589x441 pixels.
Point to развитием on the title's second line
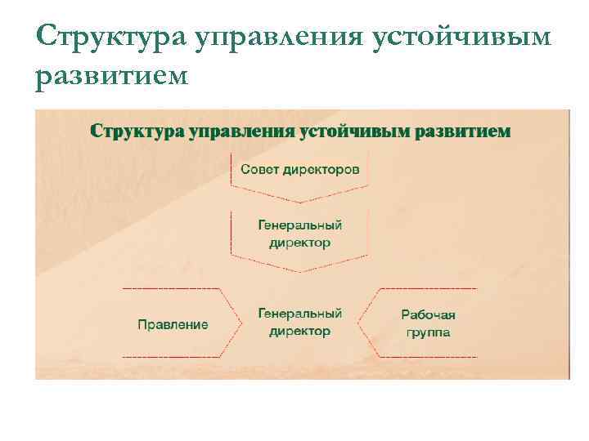click(x=112, y=75)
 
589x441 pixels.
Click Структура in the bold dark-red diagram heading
click(x=137, y=131)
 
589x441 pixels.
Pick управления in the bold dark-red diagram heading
click(x=241, y=131)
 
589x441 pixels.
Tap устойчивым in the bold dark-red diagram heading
click(x=356, y=131)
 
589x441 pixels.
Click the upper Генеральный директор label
click(x=299, y=234)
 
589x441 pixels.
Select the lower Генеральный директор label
click(x=299, y=322)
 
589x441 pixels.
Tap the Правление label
click(x=173, y=324)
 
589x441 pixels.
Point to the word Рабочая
click(x=428, y=314)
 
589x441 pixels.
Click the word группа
click(x=428, y=332)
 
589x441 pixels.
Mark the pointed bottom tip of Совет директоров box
click(x=300, y=202)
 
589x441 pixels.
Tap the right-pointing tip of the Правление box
click(x=242, y=323)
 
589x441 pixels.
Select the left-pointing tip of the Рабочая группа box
click(x=357, y=323)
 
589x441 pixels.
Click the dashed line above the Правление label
click(x=171, y=288)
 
